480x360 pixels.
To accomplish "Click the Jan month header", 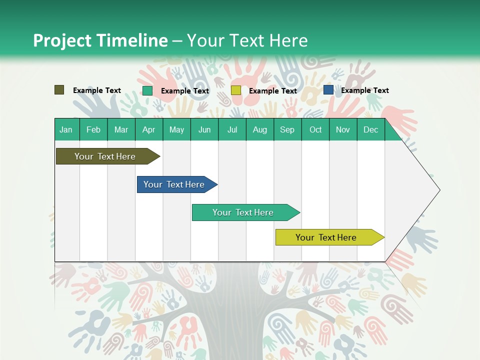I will click(66, 129).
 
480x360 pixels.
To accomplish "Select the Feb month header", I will click(93, 129).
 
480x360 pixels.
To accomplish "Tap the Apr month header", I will click(148, 129).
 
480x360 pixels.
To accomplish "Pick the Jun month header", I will click(204, 129).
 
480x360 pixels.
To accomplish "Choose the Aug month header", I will click(259, 129).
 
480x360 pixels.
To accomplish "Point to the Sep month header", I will click(287, 129).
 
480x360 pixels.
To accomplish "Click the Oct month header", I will click(315, 129).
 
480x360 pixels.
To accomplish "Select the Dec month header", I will click(370, 129).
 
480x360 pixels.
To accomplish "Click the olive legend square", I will click(59, 90).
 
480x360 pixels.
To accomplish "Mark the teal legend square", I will click(147, 90).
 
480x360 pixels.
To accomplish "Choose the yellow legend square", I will click(236, 90).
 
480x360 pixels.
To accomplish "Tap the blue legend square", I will click(328, 90).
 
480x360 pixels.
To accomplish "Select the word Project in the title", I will click(63, 40).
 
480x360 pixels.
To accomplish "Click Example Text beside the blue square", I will click(364, 90).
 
